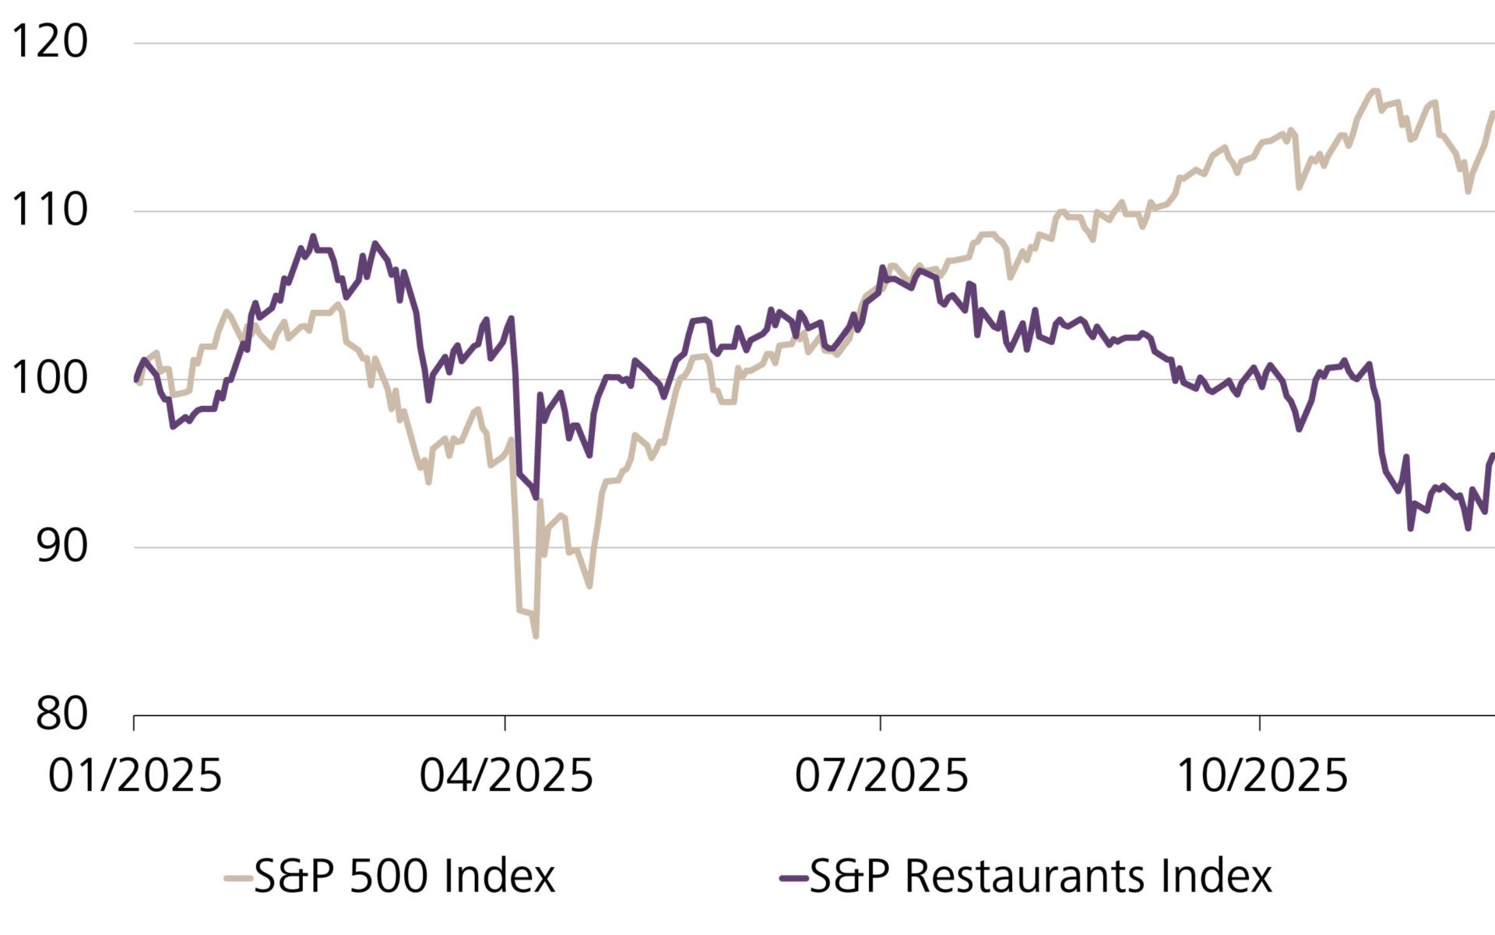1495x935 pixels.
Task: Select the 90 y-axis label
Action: (61, 546)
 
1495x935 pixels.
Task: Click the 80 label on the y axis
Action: (61, 714)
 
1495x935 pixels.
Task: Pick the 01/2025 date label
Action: (135, 776)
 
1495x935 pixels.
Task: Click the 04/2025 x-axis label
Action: (506, 776)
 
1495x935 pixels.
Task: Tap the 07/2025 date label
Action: (881, 776)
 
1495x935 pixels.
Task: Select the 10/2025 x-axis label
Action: (1261, 776)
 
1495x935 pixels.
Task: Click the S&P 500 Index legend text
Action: (404, 877)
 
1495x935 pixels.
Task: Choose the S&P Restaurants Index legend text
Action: (1040, 877)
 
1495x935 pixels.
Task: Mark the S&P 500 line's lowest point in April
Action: (536, 637)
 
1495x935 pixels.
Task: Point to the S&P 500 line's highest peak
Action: (1374, 91)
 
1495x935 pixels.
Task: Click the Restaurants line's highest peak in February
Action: (313, 236)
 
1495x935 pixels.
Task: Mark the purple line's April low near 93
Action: (536, 497)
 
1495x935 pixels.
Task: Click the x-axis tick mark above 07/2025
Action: (881, 723)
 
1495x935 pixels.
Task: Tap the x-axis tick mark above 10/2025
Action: (1259, 723)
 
